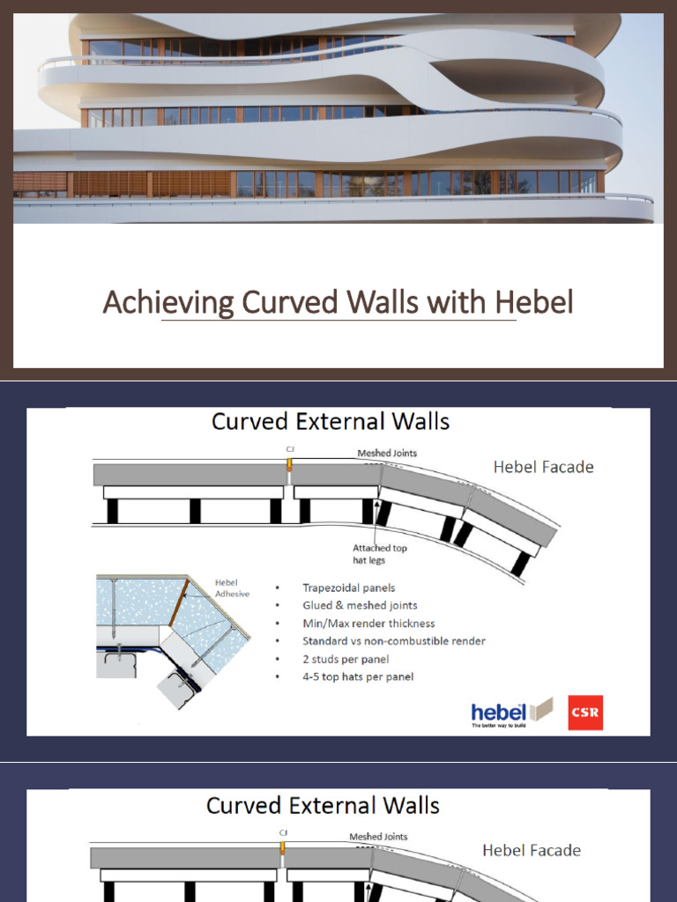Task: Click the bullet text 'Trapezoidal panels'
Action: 348,588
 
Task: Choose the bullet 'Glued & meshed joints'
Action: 360,605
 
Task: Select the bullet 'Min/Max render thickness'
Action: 368,624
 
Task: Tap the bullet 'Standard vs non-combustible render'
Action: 393,641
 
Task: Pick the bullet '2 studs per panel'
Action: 346,659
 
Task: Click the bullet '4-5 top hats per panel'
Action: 358,676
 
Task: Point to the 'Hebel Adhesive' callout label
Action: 232,588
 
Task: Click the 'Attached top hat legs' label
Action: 380,553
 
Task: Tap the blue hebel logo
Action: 499,713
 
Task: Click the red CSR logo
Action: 585,713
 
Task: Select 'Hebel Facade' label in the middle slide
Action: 543,467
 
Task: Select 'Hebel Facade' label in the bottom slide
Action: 531,850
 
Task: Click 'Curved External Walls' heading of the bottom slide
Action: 323,805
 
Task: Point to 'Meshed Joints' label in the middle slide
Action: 387,454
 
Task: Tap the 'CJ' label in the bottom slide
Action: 283,832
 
